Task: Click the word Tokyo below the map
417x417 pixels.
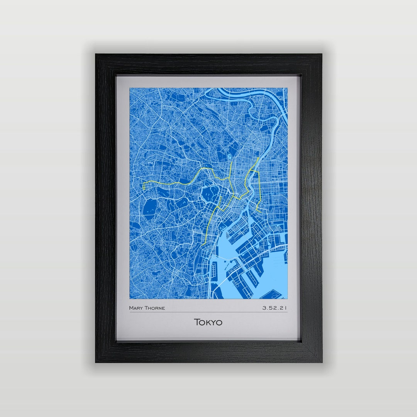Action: click(208, 322)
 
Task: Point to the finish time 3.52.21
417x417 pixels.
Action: click(275, 308)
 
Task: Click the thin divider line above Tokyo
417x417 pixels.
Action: click(208, 312)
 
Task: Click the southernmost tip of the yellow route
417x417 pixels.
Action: click(202, 245)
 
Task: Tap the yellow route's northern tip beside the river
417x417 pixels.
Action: click(258, 158)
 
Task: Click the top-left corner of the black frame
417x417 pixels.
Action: click(96, 55)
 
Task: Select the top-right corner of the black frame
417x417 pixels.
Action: click(321, 55)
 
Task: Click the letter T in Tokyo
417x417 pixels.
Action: click(197, 322)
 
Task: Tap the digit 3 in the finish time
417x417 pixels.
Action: click(264, 308)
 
